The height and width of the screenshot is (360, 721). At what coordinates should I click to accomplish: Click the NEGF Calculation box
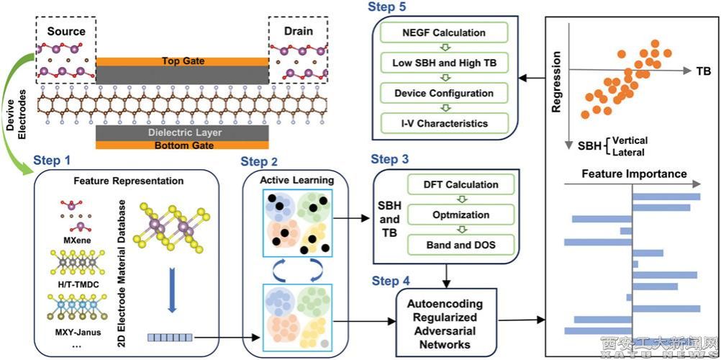(x=443, y=32)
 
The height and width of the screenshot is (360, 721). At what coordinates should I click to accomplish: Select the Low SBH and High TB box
(x=443, y=63)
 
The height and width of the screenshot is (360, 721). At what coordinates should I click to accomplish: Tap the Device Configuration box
(x=443, y=94)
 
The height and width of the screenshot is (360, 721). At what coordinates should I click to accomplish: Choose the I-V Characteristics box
(x=443, y=123)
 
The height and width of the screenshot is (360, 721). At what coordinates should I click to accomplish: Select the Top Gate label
(x=183, y=61)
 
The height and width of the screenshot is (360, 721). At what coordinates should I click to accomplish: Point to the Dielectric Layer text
(x=183, y=133)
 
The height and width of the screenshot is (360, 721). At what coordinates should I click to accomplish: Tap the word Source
(x=65, y=31)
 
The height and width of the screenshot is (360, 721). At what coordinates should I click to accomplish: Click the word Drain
(x=299, y=31)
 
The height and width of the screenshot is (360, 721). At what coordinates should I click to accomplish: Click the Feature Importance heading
(x=624, y=174)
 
